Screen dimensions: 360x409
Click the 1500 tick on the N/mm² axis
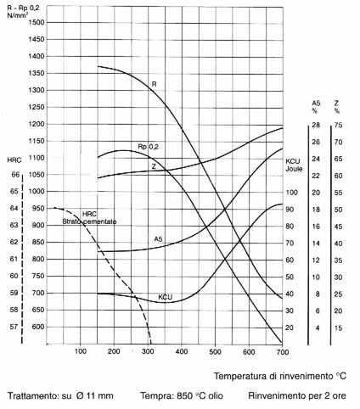37,22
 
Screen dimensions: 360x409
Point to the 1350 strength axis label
37,73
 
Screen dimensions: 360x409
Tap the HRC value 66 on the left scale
15,175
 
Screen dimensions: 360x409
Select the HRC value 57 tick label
14,327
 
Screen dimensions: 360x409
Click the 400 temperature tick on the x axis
182,351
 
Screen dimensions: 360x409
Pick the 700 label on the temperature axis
283,352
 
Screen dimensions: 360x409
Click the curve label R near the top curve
155,84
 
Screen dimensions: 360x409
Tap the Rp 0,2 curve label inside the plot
148,147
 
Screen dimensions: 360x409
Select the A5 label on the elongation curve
158,239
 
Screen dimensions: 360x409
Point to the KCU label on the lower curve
165,297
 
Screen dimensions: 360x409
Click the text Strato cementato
89,221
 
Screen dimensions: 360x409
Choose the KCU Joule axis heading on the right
294,165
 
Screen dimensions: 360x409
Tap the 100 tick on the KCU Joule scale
291,193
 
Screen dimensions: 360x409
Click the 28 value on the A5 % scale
316,125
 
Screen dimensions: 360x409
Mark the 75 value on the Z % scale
338,125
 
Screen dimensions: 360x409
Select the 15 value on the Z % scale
338,328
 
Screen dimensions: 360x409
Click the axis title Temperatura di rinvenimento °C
280,376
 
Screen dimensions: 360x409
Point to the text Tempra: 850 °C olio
182,395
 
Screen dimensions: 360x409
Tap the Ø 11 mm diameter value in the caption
94,395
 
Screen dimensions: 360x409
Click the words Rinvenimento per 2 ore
297,395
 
